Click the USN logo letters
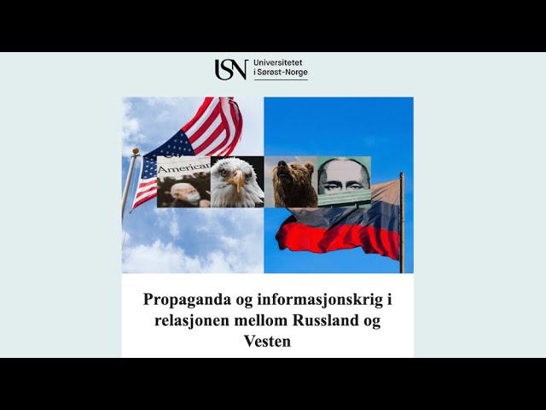(x=231, y=69)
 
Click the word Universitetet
(x=278, y=62)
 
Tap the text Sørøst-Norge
(x=282, y=72)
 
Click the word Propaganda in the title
(x=188, y=300)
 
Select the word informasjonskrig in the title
(x=321, y=300)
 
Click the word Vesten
(x=267, y=341)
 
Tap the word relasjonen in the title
(x=192, y=320)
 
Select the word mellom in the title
(x=261, y=320)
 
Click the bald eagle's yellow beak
(x=238, y=179)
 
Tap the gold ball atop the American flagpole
(x=136, y=150)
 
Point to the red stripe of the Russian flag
(x=337, y=239)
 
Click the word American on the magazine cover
(x=184, y=168)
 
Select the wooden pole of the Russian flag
(x=402, y=222)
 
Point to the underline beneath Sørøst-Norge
(x=281, y=79)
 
